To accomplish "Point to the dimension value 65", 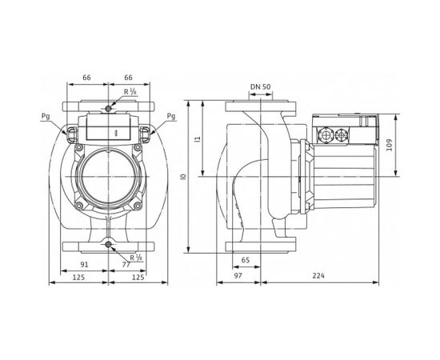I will click(x=245, y=260).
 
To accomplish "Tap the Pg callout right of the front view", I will click(x=171, y=116).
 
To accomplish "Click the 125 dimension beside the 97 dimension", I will click(x=139, y=276).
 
